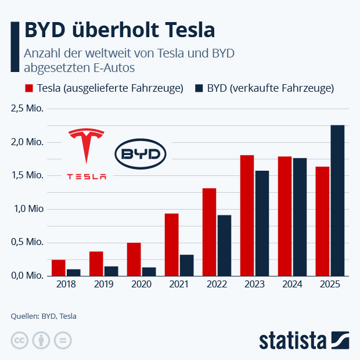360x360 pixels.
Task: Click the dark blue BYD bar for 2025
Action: coord(337,200)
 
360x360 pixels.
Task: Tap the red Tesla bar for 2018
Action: coord(58,268)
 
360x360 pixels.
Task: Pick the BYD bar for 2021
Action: coord(186,265)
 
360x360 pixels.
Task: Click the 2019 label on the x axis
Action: coord(103,285)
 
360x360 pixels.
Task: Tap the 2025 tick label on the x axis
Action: coord(330,285)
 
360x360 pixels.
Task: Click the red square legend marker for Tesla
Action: coord(28,88)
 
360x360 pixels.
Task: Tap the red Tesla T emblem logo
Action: coord(87,146)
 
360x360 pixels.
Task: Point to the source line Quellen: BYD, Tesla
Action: coord(44,316)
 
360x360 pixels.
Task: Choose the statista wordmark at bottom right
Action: coord(293,340)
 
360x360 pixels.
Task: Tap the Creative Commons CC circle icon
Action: coord(20,340)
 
